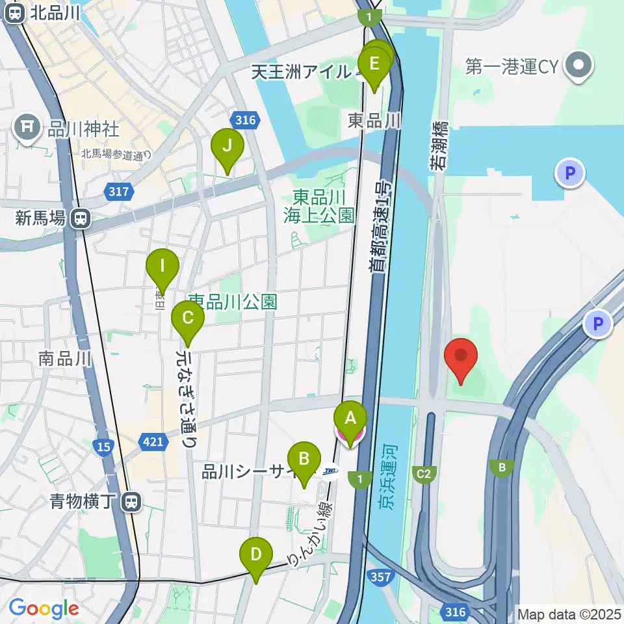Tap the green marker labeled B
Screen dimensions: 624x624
point(304,460)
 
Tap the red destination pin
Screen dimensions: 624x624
point(461,357)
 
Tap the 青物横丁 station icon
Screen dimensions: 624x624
point(131,501)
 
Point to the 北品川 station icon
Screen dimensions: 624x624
point(14,13)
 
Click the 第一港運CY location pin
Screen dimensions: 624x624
point(577,66)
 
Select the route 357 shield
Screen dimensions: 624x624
point(379,577)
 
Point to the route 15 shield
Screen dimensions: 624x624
point(103,447)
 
